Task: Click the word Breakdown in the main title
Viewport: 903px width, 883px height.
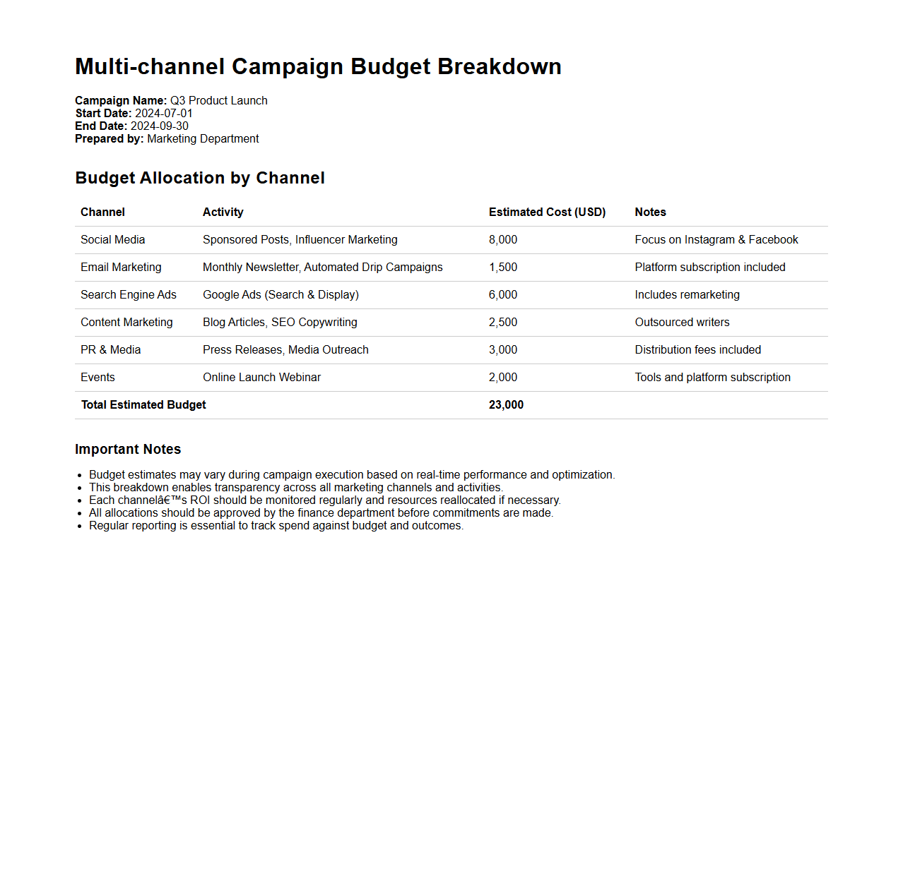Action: tap(499, 66)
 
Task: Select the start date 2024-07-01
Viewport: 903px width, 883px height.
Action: tap(163, 114)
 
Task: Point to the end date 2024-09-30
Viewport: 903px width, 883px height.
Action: tap(159, 126)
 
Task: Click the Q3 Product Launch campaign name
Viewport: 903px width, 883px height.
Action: tap(218, 101)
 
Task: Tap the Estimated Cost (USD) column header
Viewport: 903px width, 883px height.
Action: tap(547, 212)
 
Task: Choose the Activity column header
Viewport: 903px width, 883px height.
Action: tap(223, 212)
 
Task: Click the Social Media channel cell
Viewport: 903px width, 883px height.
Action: tap(112, 240)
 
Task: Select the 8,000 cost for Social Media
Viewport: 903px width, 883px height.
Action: tap(502, 240)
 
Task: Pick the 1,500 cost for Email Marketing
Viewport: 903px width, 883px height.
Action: tap(502, 268)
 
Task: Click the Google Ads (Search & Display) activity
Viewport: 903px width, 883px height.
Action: tap(281, 295)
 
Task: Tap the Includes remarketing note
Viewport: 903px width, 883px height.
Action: tap(687, 295)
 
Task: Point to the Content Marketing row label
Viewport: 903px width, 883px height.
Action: tap(126, 323)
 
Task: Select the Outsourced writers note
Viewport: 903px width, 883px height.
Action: tap(682, 323)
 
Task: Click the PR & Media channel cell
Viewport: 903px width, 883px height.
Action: tap(110, 350)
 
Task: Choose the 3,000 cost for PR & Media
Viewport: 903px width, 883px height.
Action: tap(502, 350)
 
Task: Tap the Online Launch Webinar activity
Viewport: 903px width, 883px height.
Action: tap(261, 378)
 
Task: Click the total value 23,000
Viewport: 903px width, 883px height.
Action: tap(506, 405)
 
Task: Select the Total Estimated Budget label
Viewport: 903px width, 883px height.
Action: tap(143, 405)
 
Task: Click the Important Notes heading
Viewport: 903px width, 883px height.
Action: tap(128, 450)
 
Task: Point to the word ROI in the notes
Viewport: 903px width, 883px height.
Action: tap(200, 500)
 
